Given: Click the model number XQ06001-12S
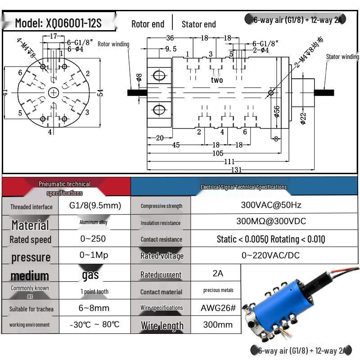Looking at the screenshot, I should pyautogui.click(x=58, y=23).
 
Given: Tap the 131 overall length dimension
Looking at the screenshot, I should pyautogui.click(x=237, y=170).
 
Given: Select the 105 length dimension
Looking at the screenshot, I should pyautogui.click(x=218, y=153).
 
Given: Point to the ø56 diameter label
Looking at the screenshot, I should pyautogui.click(x=277, y=110).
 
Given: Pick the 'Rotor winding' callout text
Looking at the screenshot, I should pyautogui.click(x=113, y=44).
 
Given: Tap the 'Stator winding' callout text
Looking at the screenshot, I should pyautogui.click(x=342, y=57).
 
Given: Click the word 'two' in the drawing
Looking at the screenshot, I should pyautogui.click(x=217, y=80).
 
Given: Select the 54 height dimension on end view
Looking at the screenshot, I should pyautogui.click(x=100, y=92).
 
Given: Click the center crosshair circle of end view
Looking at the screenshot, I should pyautogui.click(x=54, y=93).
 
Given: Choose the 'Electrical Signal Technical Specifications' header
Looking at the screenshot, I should pyautogui.click(x=243, y=187).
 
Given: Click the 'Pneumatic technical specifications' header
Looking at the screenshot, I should pyautogui.click(x=65, y=188).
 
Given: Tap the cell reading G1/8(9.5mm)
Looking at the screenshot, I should pyautogui.click(x=95, y=206).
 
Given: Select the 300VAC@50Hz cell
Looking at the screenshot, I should pyautogui.click(x=271, y=205).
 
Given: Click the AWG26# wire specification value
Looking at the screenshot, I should pyautogui.click(x=218, y=308).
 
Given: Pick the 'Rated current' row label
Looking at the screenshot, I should pyautogui.click(x=161, y=274).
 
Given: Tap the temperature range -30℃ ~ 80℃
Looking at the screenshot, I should pyautogui.click(x=95, y=324).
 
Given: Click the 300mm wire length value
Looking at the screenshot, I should pyautogui.click(x=218, y=324).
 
